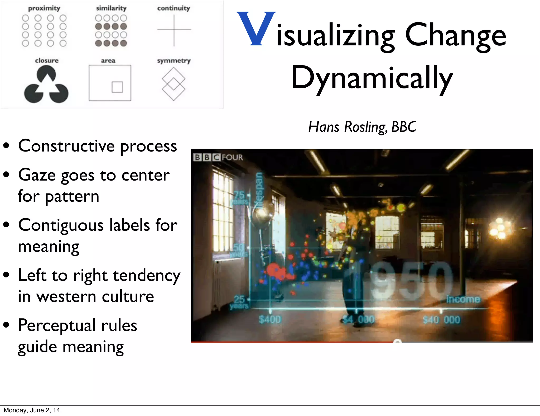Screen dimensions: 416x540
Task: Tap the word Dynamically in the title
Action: click(x=372, y=78)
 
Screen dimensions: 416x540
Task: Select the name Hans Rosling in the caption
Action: click(x=348, y=127)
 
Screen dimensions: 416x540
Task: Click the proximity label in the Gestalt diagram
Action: click(x=44, y=8)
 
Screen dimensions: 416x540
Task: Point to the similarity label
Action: click(x=111, y=8)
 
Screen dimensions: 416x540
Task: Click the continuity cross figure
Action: click(x=174, y=30)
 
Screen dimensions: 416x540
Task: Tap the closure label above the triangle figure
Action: click(x=47, y=60)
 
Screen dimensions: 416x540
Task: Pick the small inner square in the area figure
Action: click(x=117, y=87)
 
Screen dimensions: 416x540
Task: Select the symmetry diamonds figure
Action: click(x=173, y=84)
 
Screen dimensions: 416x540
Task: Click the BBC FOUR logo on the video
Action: click(x=218, y=157)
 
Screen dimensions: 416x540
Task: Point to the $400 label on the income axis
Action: click(x=270, y=320)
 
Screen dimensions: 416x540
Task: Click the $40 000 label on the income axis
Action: click(x=441, y=320)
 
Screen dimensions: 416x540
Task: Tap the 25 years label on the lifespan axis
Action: click(x=239, y=302)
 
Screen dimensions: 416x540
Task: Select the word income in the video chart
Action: click(x=463, y=299)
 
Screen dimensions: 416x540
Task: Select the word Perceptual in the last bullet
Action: click(x=57, y=325)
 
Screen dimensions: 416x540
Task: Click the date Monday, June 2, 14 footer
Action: click(x=32, y=410)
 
